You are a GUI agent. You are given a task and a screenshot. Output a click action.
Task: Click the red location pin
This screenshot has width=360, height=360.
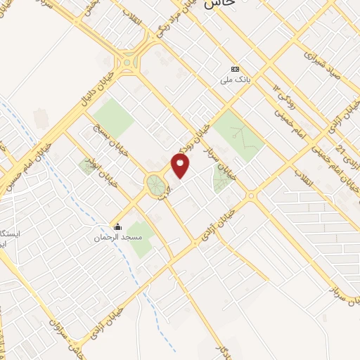[x=181, y=165]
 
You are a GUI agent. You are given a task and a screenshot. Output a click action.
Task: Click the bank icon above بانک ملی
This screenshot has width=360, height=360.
[x=236, y=69]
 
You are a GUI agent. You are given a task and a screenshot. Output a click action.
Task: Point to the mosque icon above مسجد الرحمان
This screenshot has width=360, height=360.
[x=118, y=226]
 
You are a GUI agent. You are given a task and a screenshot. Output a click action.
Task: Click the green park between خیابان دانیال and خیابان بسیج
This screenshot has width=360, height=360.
[x=112, y=117]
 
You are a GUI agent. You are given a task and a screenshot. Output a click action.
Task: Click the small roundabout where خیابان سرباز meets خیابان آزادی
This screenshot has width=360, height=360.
[x=250, y=195]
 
